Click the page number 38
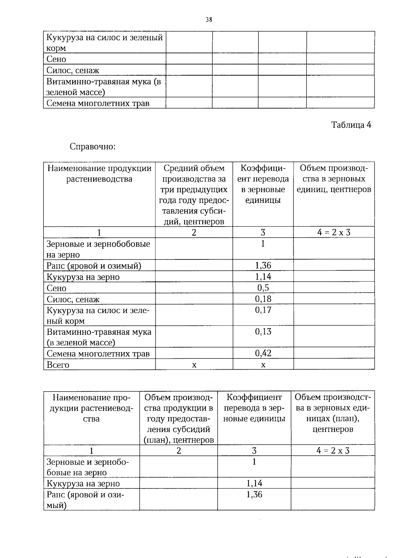(209, 20)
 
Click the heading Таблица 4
(351, 125)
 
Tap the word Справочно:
(92, 146)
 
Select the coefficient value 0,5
(263, 288)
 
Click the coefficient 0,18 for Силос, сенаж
(263, 299)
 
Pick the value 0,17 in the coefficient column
(263, 310)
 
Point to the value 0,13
(263, 331)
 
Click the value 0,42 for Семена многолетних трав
(263, 353)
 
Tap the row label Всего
(58, 365)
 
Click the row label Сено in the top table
(56, 59)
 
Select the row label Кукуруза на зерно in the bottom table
(83, 483)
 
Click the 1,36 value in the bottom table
(254, 495)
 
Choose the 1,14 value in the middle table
(263, 277)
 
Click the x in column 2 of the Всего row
(194, 365)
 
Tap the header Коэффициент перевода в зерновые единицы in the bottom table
(254, 408)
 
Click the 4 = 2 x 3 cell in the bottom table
(333, 450)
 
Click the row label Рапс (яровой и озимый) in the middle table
(94, 266)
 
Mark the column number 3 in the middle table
(263, 232)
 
